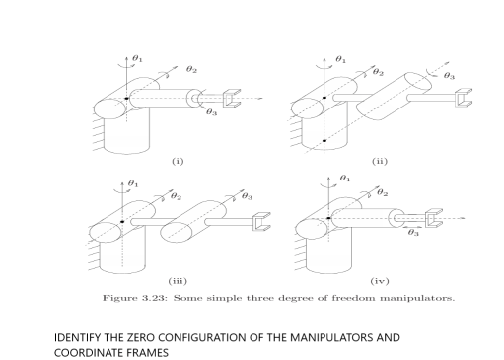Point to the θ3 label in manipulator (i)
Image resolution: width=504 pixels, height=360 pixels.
[212, 113]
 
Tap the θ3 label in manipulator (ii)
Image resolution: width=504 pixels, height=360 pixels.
[449, 75]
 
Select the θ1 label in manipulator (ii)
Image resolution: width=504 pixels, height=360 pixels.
[341, 59]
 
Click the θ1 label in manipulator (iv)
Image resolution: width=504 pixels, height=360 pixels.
[343, 179]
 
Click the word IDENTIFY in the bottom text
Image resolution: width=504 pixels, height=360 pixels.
[77, 337]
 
